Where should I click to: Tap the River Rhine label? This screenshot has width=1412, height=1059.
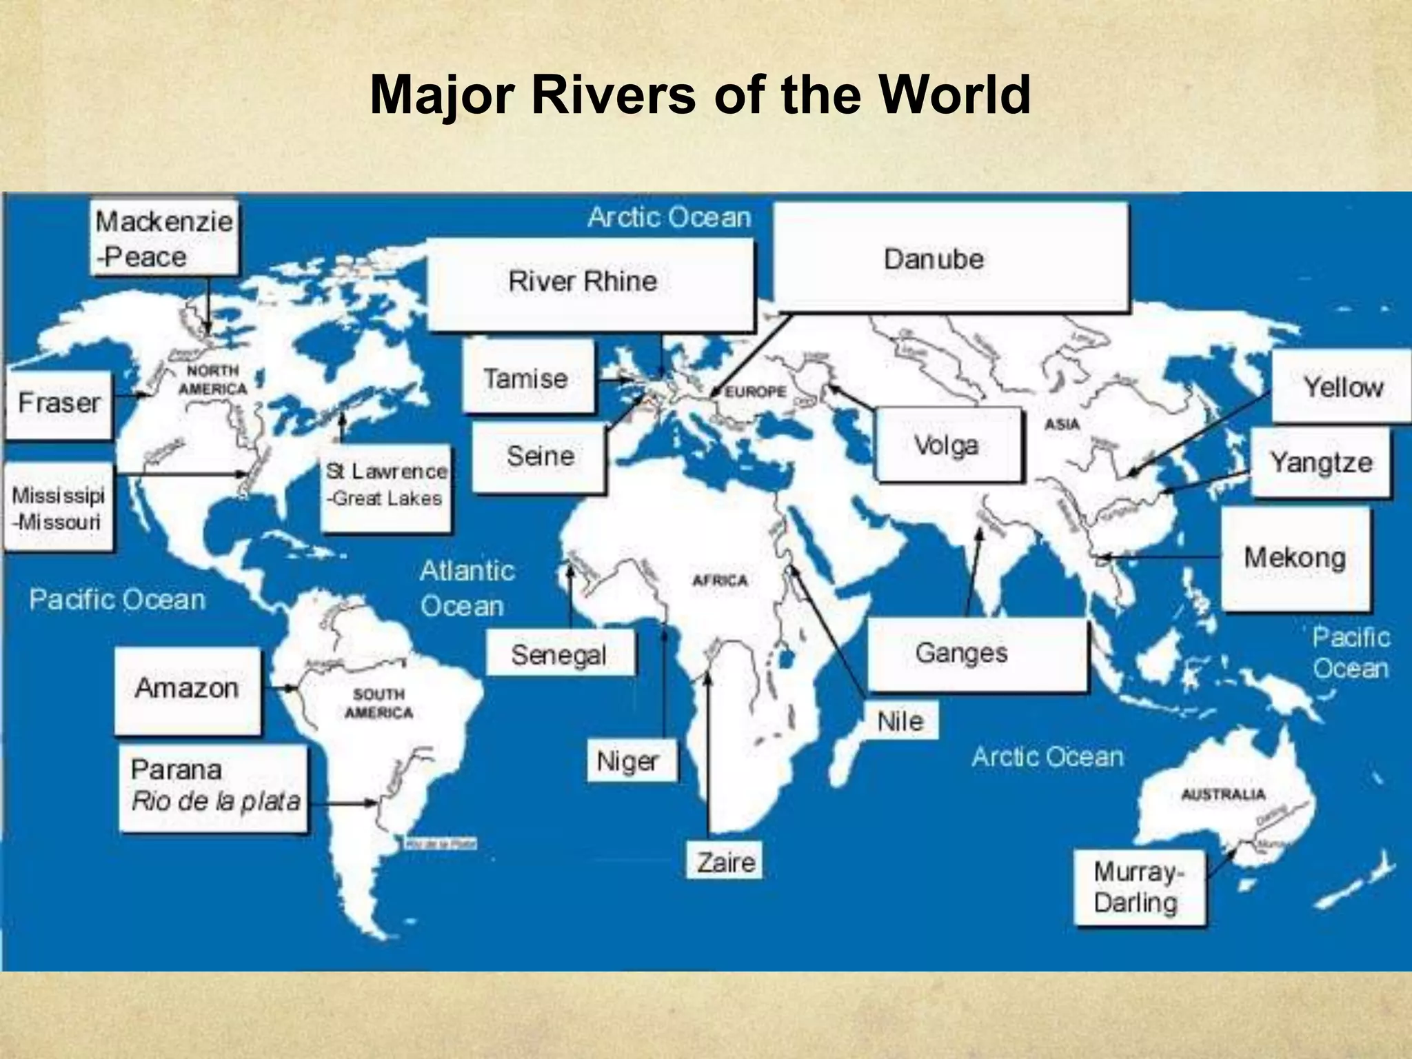pos(590,283)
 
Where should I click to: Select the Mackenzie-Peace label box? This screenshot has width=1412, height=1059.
pos(164,239)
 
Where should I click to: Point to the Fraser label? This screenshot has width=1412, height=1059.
pos(59,403)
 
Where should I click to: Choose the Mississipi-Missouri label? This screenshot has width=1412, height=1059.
pos(58,508)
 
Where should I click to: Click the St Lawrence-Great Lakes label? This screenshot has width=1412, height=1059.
pos(386,486)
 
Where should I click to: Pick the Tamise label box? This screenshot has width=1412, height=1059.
pos(527,379)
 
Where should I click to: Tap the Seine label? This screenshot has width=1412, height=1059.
pos(540,456)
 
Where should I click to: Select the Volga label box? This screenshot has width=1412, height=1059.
pos(947,445)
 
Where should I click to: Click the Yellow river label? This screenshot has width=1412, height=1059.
pos(1341,387)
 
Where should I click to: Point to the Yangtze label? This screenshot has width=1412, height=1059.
pos(1320,462)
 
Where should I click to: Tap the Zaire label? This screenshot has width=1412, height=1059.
pos(725,861)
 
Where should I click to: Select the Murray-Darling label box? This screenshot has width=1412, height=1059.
pos(1139,887)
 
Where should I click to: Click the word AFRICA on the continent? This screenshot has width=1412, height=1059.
pos(720,581)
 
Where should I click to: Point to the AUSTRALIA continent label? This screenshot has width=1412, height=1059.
pos(1223,794)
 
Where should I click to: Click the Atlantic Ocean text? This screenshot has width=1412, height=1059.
pos(467,588)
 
